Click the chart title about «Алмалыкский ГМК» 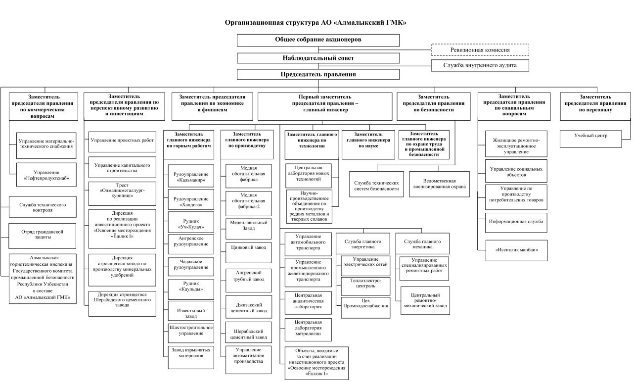point(316,23)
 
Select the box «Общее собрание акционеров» point(318,40)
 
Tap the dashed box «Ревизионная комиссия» point(480,50)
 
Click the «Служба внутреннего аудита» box point(480,65)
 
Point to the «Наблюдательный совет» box point(318,58)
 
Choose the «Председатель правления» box point(318,74)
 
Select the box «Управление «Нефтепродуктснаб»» point(46,175)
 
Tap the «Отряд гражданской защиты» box point(43,235)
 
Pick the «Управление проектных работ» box point(122,141)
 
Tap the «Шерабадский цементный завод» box point(248,334)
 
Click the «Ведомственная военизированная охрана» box point(440,184)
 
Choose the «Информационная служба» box point(516,222)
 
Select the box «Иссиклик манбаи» point(516,250)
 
